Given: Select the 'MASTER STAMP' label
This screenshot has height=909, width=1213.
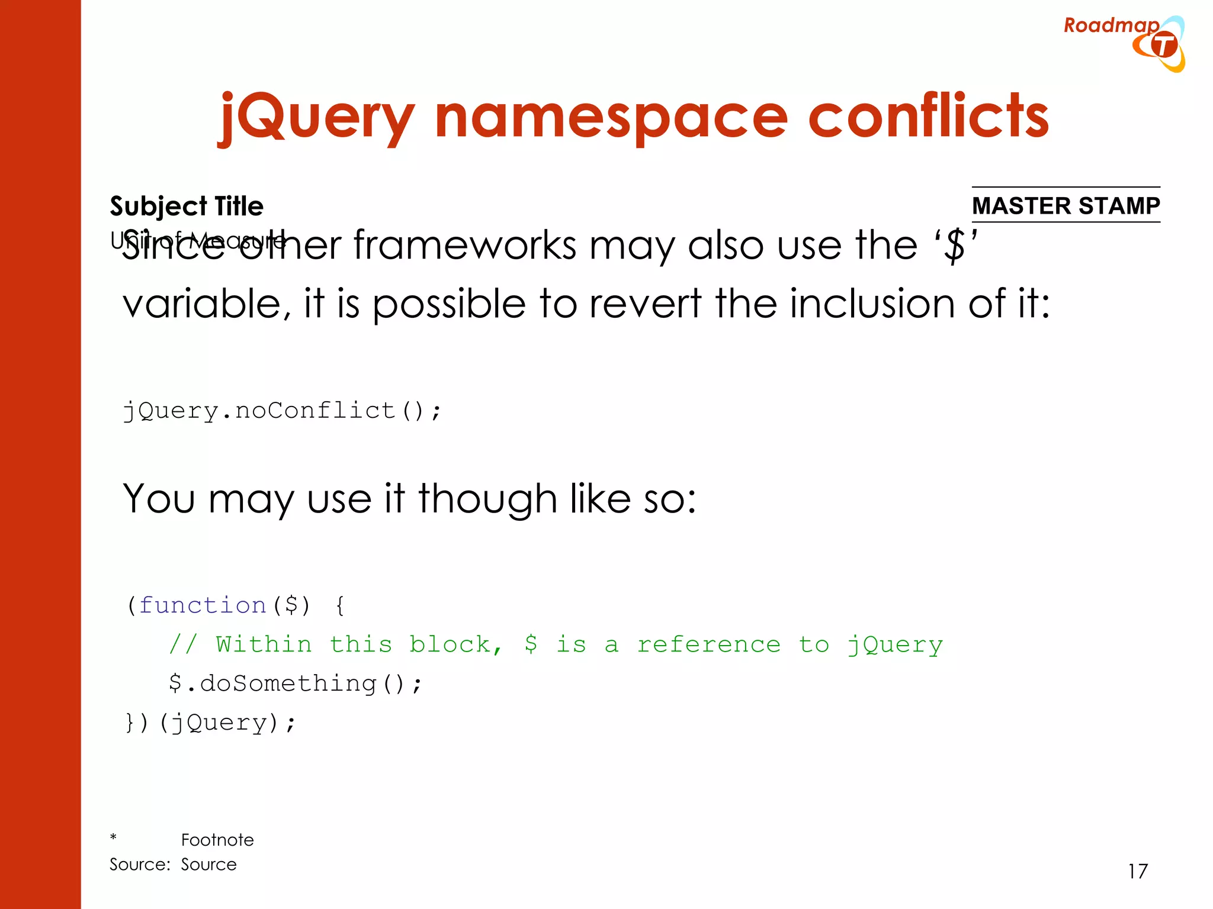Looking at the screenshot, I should coord(1066,205).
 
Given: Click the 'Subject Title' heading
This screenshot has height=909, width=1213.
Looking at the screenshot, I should coord(187,206).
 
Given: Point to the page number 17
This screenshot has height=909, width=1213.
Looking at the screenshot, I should coord(1138,871).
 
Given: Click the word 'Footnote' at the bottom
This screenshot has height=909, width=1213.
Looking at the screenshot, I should coord(217,840).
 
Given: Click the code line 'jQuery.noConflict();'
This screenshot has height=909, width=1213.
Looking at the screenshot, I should coord(282,410).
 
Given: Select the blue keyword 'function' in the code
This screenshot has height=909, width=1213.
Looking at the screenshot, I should coord(203,605).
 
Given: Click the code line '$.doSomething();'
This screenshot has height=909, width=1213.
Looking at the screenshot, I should coord(295,684).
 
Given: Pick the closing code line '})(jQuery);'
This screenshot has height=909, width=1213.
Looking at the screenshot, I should coord(210,723).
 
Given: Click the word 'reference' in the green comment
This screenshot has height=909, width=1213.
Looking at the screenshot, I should coord(709,644).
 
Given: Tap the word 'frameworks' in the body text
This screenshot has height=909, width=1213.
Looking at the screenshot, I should coord(465,245).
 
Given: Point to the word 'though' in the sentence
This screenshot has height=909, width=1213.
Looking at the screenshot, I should coord(487,498).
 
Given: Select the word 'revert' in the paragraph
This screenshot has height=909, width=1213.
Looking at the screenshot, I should coord(646,304).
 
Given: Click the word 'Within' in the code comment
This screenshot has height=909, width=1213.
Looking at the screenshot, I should coord(264,644).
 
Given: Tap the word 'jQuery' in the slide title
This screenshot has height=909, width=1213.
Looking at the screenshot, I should coord(317,118).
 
